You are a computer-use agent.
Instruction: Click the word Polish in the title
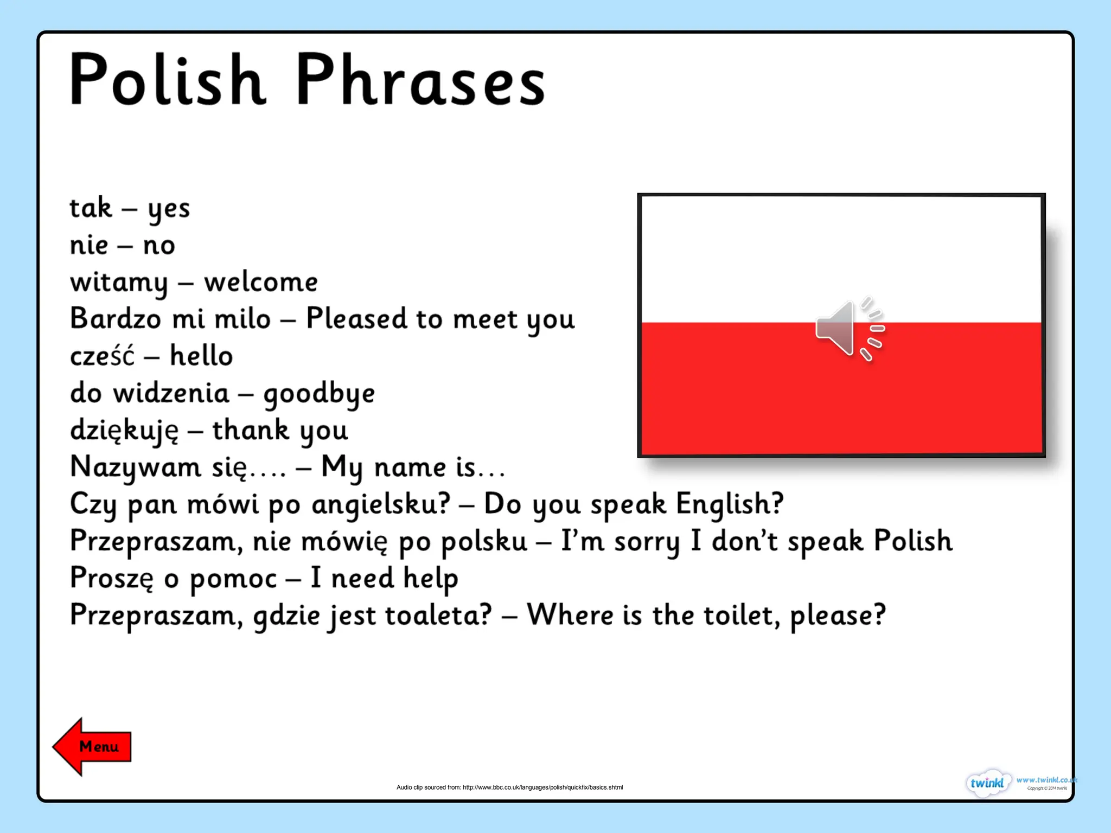coord(167,80)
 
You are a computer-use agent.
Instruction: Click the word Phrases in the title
coord(420,80)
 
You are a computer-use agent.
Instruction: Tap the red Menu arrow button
coord(92,747)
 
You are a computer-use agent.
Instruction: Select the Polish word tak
coord(91,208)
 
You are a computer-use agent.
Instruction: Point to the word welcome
coord(260,283)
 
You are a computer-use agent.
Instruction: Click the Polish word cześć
coord(102,356)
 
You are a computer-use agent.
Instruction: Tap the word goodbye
coord(319,394)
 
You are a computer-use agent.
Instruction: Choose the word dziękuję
coord(124,431)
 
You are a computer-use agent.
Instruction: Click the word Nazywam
coord(135,467)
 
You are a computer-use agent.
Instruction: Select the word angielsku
coord(381,504)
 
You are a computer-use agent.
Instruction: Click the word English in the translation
coord(729,504)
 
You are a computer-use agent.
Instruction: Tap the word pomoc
coord(233,579)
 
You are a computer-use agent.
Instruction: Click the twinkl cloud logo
coord(987,783)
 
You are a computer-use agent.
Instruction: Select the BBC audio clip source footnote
coord(509,787)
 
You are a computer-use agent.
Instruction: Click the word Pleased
coord(356,318)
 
